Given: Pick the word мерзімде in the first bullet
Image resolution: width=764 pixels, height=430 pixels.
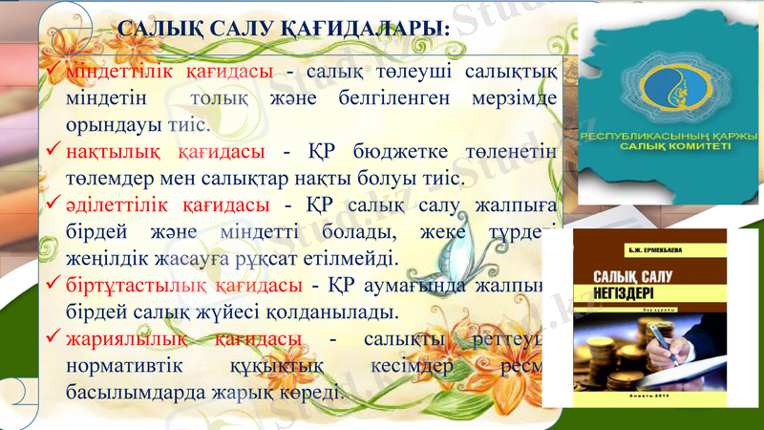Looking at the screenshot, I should tap(512, 98).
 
